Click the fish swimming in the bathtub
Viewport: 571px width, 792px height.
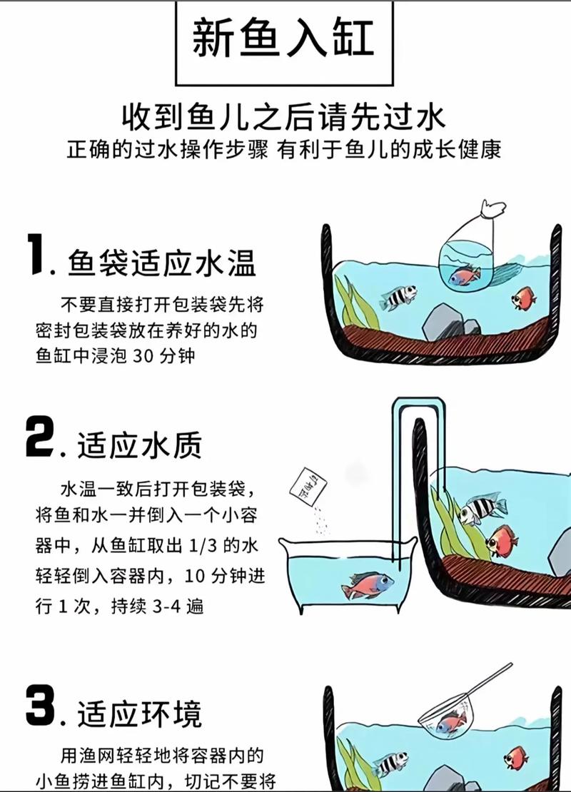point(367,585)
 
